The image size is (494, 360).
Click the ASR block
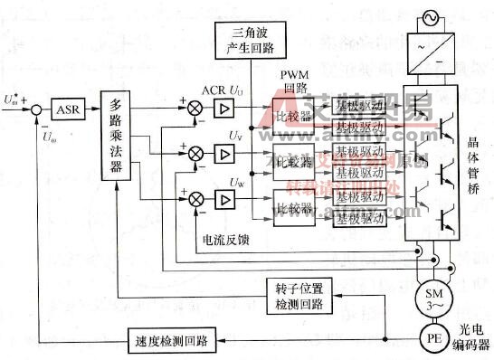[68, 109]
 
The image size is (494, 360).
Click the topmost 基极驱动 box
[360, 105]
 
